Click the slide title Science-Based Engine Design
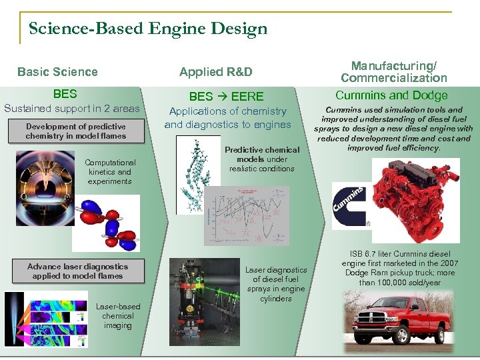coord(148,29)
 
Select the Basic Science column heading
coord(57,72)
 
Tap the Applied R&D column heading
coord(216,72)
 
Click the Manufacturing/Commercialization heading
coord(394,71)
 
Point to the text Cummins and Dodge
coord(391,95)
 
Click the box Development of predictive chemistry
coord(75,131)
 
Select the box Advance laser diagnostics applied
coord(77,271)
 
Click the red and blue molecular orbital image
coord(106,223)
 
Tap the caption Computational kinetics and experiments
coord(110,172)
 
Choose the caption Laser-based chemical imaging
coord(117,316)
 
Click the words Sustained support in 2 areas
coord(72,109)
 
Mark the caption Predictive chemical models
coord(262,159)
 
